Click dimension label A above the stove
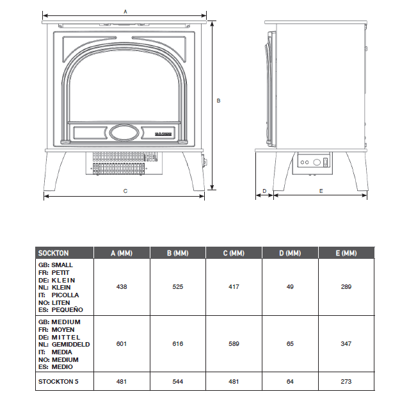(x=125, y=12)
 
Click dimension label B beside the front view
(x=218, y=101)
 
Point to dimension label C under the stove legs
(x=125, y=191)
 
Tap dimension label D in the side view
(x=264, y=191)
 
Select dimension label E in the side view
(x=321, y=191)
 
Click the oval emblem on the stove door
(x=124, y=133)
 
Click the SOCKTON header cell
(x=54, y=253)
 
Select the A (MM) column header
(x=121, y=253)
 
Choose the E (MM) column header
(x=346, y=253)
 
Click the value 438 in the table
(x=122, y=286)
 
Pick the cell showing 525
(x=177, y=286)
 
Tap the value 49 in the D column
(x=290, y=286)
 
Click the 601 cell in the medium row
(x=122, y=344)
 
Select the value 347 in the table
(x=346, y=344)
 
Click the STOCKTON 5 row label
(x=59, y=382)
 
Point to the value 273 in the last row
(x=346, y=382)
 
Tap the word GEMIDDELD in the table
(x=70, y=344)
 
